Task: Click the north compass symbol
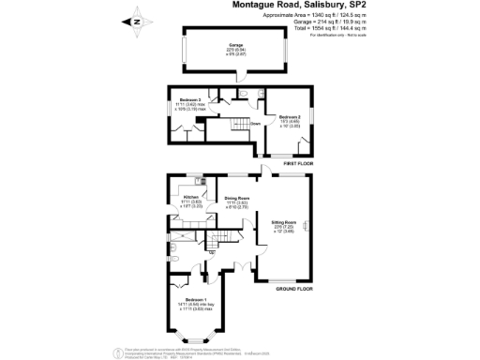point(137,21)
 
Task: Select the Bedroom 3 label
point(192,98)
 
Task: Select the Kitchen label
point(191,198)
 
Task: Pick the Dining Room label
point(236,199)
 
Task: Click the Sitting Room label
point(284,222)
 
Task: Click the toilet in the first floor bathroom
point(241,94)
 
